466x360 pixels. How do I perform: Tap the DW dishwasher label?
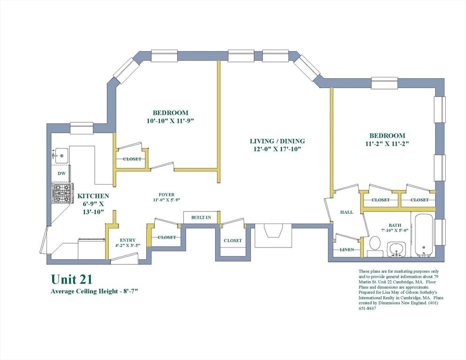61,173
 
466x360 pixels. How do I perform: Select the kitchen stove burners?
63,193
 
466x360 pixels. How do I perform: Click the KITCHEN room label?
93,196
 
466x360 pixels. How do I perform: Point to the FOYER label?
166,195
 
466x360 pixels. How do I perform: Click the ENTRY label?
128,240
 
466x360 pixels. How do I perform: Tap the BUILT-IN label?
201,217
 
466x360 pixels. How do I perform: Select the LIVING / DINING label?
277,141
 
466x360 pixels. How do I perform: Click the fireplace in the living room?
273,235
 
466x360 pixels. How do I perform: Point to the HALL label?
346,212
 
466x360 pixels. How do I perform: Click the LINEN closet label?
347,250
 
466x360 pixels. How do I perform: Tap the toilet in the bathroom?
375,246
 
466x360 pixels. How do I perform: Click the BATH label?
395,225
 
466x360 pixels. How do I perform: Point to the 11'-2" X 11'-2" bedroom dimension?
387,144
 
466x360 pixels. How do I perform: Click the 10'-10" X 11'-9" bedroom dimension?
170,121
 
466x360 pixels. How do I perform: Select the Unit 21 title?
72,279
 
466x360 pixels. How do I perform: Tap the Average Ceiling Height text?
95,292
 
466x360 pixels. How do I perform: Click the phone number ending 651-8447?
368,308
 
